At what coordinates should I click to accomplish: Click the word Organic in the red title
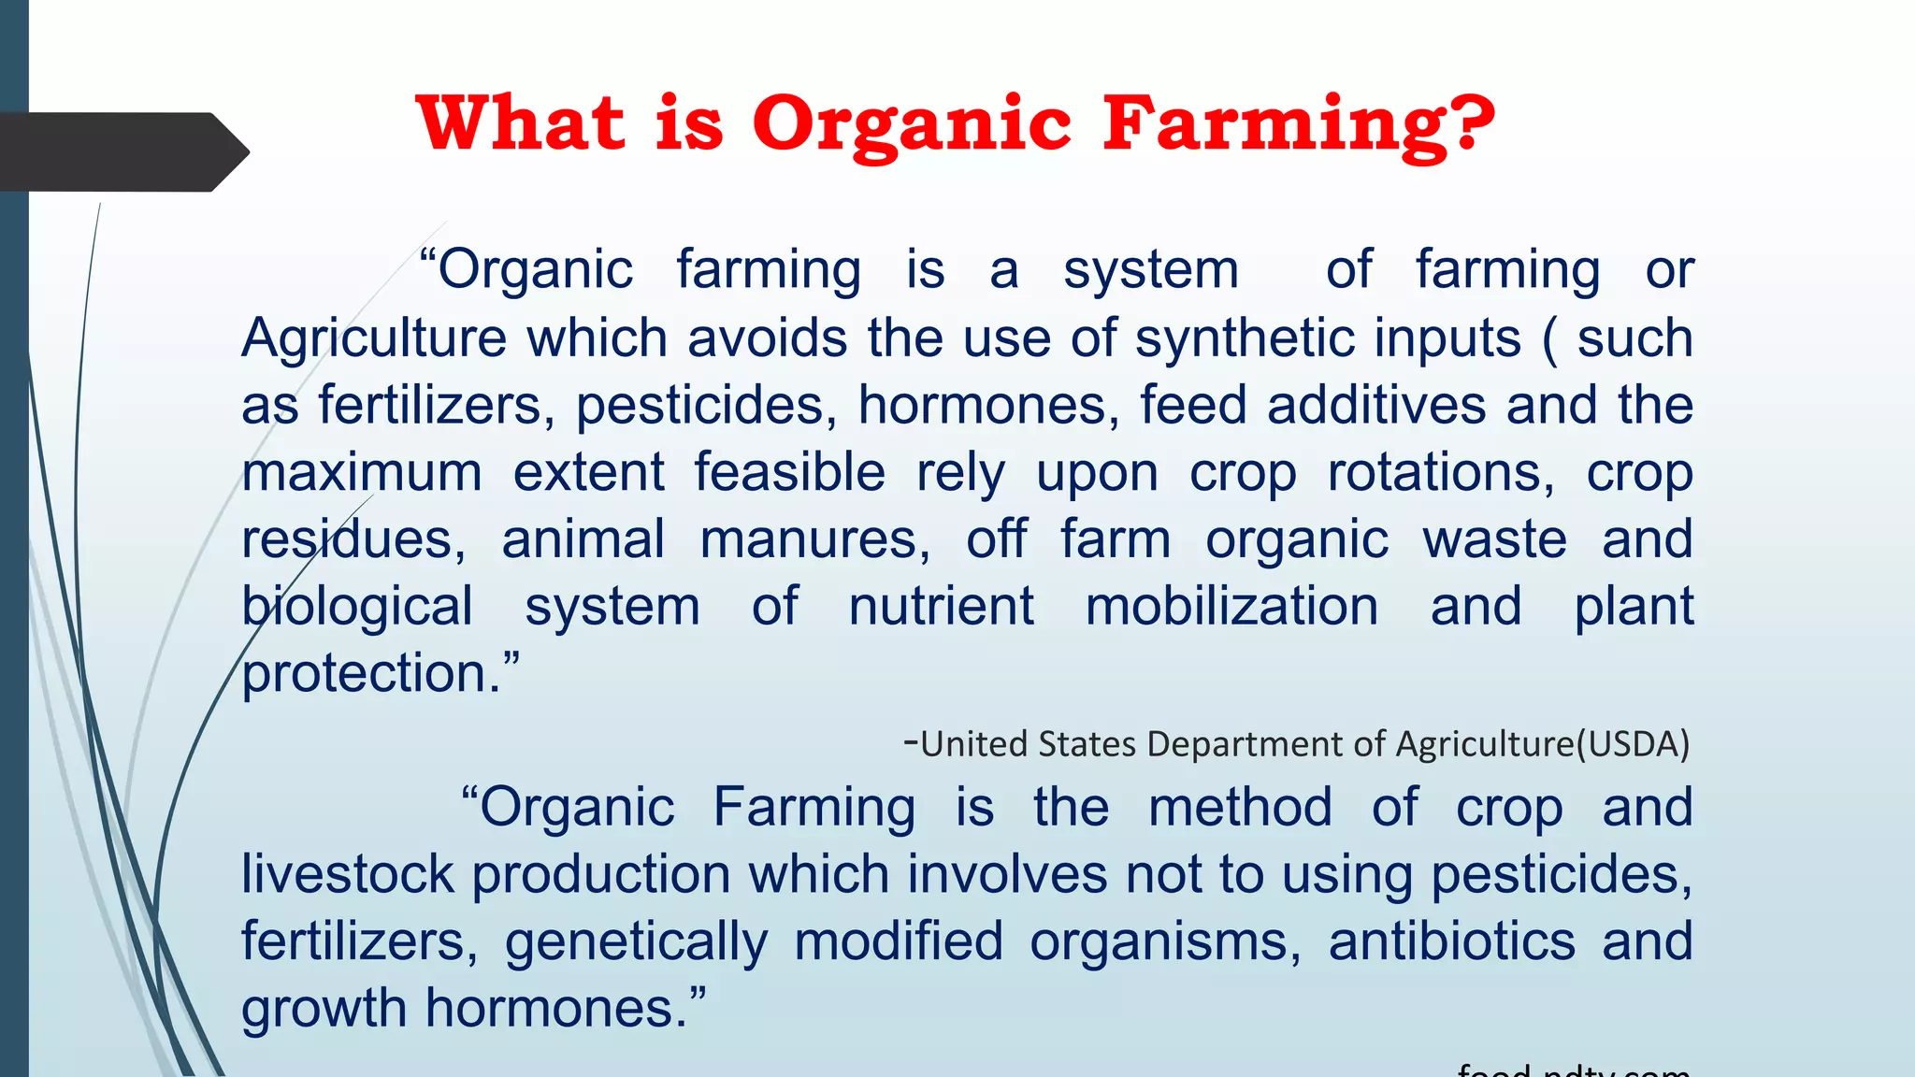(x=911, y=124)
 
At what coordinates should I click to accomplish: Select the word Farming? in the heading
(x=1298, y=124)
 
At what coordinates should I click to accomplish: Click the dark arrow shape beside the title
(x=122, y=151)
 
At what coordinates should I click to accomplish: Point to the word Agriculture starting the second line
(x=374, y=338)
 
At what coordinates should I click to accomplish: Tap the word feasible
(x=789, y=473)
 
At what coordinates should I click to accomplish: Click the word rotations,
(x=1441, y=473)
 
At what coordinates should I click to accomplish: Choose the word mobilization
(x=1231, y=607)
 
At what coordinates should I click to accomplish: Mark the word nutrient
(x=941, y=607)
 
